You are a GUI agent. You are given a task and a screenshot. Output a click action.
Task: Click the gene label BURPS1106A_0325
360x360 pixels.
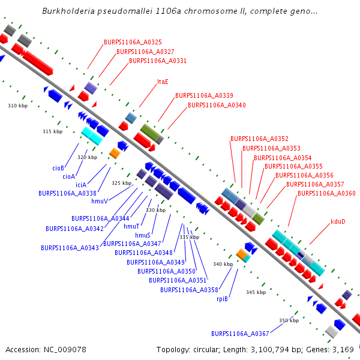pos(133,42)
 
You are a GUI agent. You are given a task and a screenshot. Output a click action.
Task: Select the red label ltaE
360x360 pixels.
pos(163,82)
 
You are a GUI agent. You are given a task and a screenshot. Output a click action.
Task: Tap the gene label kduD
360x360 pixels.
pos(338,222)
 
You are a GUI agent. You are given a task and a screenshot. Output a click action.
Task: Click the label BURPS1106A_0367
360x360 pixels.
pos(240,334)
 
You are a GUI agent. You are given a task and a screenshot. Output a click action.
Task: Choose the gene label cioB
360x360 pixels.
pos(58,168)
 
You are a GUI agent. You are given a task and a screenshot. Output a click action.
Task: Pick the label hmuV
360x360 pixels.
pos(100,202)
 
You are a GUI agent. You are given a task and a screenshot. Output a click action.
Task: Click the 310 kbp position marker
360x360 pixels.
pos(17,106)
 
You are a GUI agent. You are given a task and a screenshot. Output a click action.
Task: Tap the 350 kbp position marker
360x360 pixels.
pos(289,320)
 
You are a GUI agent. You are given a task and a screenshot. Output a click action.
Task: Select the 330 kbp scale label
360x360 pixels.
pos(155,210)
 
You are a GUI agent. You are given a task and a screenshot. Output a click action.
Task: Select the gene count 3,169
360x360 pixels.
pos(342,349)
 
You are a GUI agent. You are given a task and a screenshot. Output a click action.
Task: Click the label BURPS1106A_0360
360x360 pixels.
pos(326,193)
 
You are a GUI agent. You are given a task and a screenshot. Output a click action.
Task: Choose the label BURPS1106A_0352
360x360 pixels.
pos(259,139)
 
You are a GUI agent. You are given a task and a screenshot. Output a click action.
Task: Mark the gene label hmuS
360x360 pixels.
pos(143,235)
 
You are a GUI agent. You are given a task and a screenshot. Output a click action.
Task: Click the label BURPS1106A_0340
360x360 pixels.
pos(217,105)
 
